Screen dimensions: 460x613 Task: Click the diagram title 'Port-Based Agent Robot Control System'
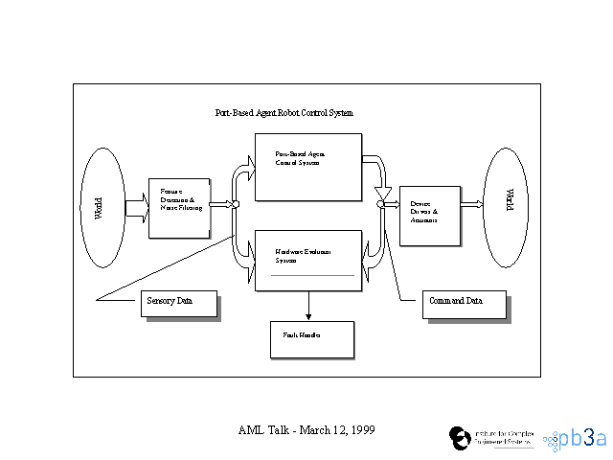[x=284, y=113]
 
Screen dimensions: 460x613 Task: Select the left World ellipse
[x=102, y=208]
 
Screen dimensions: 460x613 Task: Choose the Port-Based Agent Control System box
[x=307, y=167]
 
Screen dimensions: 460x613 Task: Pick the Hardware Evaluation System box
[x=307, y=260]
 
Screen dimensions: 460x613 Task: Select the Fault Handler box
[x=312, y=338]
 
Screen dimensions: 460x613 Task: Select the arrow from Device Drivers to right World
[x=470, y=204]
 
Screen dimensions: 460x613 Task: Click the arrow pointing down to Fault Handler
[x=308, y=306]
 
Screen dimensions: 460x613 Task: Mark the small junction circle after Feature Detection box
[x=235, y=204]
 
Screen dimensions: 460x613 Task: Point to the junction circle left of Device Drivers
[x=380, y=204]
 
